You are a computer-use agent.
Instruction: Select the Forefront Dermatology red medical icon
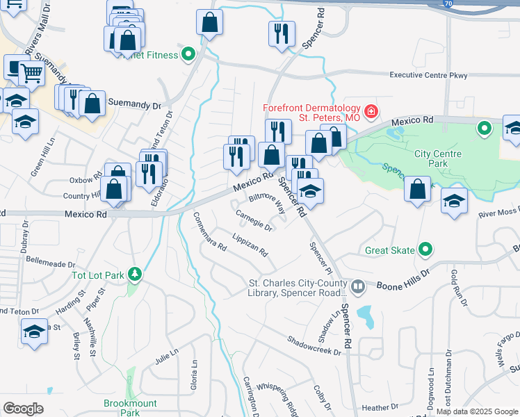371,111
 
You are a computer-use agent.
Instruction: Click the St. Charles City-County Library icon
358,286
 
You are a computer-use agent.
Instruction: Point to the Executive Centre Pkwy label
428,75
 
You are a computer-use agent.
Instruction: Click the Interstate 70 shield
449,4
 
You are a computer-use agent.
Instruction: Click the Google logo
24,409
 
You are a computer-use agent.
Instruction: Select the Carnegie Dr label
254,220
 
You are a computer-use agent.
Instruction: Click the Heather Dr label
380,407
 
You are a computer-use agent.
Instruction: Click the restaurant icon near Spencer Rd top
282,34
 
